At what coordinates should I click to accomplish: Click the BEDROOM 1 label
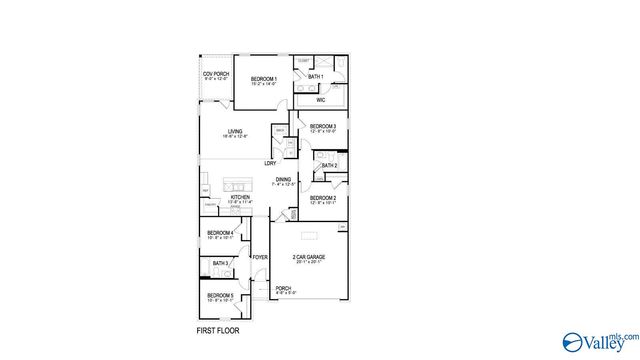(264, 78)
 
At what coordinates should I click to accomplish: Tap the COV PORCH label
(215, 74)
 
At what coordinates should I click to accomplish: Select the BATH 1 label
(315, 77)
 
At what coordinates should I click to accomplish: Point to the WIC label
(321, 100)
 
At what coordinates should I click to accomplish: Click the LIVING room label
(235, 131)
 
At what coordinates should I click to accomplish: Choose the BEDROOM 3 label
(322, 126)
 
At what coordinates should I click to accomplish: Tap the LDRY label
(270, 163)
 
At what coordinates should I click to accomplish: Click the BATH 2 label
(329, 165)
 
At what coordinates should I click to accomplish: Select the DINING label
(284, 180)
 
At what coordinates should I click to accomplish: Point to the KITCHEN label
(240, 198)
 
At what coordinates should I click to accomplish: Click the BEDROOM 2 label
(322, 198)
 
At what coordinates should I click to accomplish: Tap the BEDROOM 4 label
(220, 233)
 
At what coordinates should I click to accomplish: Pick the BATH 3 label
(220, 263)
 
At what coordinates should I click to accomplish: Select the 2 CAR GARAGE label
(308, 258)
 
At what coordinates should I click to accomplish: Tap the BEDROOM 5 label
(220, 295)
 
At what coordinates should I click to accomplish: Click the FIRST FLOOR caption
(217, 330)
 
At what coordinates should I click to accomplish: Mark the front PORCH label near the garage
(283, 289)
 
